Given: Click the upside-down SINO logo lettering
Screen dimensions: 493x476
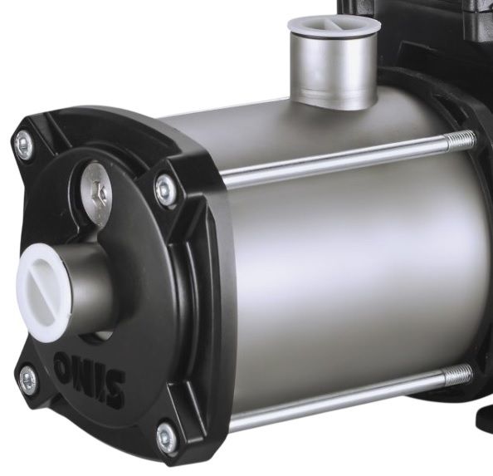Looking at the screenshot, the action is pyautogui.click(x=89, y=380).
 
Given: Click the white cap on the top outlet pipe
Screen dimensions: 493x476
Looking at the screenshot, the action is pyautogui.click(x=334, y=27).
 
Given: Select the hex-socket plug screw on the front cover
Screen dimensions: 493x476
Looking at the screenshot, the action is pyautogui.click(x=96, y=192).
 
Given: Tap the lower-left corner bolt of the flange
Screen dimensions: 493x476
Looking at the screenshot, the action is pyautogui.click(x=29, y=382).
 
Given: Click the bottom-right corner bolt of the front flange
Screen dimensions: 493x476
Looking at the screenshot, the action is pyautogui.click(x=166, y=438).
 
